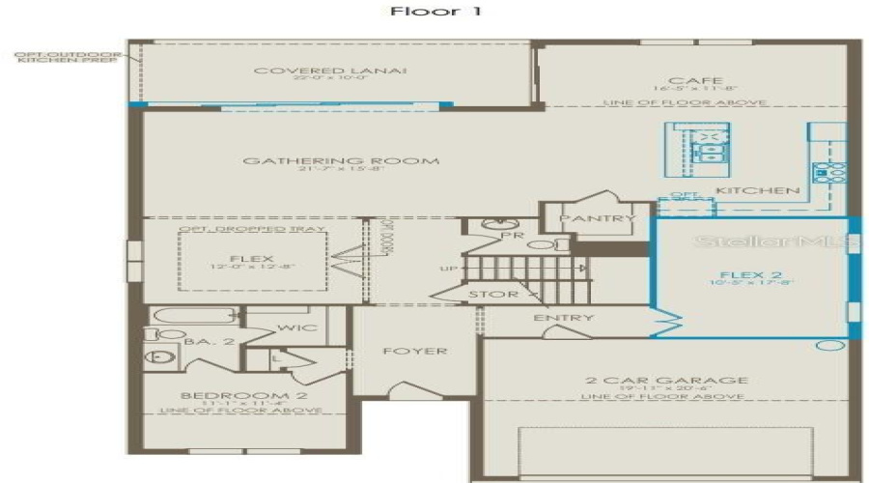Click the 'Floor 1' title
pos(434,13)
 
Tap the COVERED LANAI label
pos(330,71)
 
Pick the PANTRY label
pos(597,219)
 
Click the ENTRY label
pos(563,318)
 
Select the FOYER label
pos(415,351)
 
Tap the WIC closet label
pos(290,328)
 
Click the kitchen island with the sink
pos(695,148)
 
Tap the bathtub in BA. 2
pos(193,316)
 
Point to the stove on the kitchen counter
pos(827,172)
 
